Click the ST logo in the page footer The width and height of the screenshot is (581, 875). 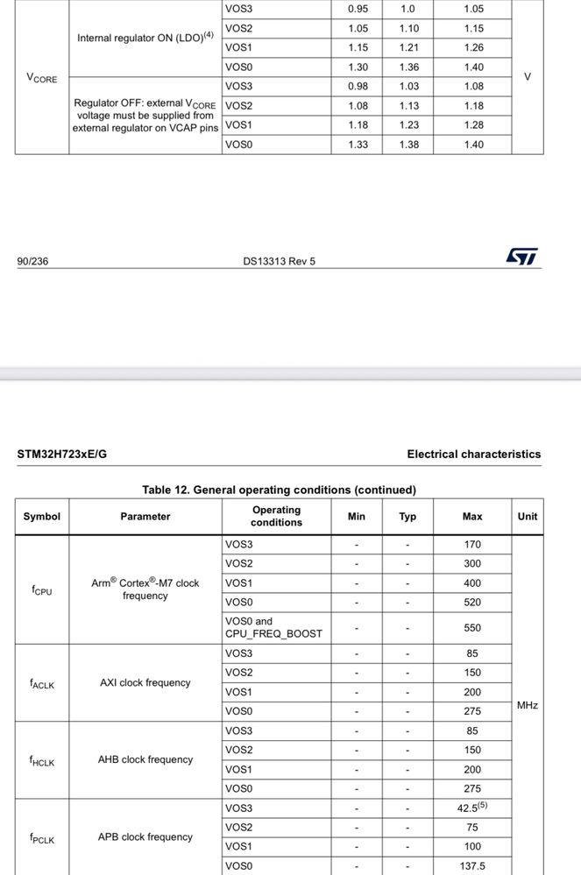521,257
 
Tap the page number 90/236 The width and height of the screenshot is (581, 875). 32,261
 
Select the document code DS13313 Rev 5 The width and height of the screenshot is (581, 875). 279,261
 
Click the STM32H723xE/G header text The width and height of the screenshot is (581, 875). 62,455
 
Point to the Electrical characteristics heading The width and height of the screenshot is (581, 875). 473,455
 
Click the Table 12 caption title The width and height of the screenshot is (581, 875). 279,490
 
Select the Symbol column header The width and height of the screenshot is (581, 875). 41,517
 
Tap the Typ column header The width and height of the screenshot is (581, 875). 407,517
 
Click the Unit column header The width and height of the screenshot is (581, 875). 528,517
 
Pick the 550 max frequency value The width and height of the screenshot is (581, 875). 472,628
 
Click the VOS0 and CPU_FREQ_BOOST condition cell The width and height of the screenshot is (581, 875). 273,627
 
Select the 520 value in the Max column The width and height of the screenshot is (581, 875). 472,603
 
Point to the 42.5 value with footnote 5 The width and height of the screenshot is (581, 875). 471,808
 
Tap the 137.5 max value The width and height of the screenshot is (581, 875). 471,866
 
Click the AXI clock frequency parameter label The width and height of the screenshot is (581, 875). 145,682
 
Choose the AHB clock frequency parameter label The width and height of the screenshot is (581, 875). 145,759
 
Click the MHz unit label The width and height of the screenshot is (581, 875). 528,705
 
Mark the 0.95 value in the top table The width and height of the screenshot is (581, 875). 358,9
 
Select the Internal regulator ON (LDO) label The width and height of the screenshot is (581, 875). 145,38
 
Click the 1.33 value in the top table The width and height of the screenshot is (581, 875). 358,145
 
